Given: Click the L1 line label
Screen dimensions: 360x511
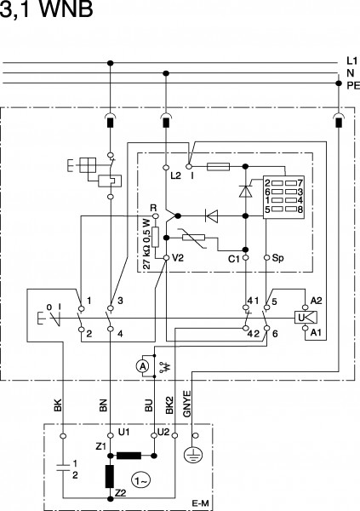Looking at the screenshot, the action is pyautogui.click(x=351, y=60).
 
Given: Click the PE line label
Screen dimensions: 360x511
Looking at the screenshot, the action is pyautogui.click(x=353, y=86).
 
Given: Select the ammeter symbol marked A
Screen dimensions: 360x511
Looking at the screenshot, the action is pyautogui.click(x=142, y=366).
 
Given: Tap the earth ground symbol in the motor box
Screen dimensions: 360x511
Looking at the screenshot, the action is pyautogui.click(x=193, y=455).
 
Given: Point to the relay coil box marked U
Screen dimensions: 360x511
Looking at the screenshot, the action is pyautogui.click(x=306, y=318).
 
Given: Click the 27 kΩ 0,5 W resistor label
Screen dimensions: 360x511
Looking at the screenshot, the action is pyautogui.click(x=147, y=244).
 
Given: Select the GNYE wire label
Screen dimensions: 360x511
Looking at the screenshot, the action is pyautogui.click(x=187, y=404).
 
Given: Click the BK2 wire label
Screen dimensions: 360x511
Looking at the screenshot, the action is pyautogui.click(x=169, y=405).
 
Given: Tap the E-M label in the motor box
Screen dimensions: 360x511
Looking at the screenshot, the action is pyautogui.click(x=200, y=503).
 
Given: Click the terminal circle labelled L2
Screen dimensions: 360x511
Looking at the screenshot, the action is pyautogui.click(x=166, y=168).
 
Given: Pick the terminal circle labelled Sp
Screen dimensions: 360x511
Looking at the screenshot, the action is pyautogui.click(x=266, y=258).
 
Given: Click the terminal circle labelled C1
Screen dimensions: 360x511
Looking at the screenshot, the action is pyautogui.click(x=246, y=258).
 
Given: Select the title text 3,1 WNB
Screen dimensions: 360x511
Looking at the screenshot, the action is pyautogui.click(x=46, y=9).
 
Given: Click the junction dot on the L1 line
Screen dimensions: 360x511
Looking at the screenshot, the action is pyautogui.click(x=111, y=63).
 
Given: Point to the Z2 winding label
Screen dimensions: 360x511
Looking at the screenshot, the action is pyautogui.click(x=121, y=493).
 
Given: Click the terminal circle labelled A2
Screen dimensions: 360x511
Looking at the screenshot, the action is pyautogui.click(x=306, y=307).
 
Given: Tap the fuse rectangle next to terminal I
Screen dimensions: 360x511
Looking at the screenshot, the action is pyautogui.click(x=218, y=167).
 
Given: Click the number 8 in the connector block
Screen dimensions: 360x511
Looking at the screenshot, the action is pyautogui.click(x=300, y=210).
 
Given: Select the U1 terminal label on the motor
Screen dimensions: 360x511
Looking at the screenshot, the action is pyautogui.click(x=123, y=432).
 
